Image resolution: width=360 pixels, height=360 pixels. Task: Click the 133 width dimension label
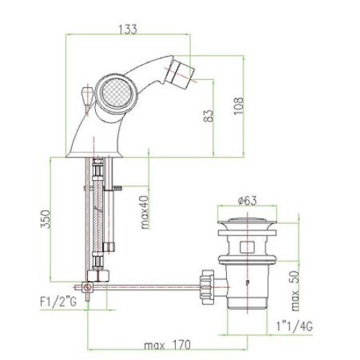128,30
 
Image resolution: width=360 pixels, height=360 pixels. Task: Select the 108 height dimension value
238,106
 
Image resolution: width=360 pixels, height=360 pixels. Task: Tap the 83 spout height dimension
208,116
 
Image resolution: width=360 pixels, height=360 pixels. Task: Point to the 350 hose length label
45,220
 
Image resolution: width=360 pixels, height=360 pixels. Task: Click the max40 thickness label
145,212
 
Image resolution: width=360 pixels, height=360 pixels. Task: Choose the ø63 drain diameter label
247,200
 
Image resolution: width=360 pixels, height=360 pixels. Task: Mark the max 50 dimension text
295,291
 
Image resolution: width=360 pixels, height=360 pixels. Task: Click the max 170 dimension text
167,345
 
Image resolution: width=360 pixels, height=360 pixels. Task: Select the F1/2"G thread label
58,301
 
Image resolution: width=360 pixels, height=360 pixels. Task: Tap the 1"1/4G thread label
294,326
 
